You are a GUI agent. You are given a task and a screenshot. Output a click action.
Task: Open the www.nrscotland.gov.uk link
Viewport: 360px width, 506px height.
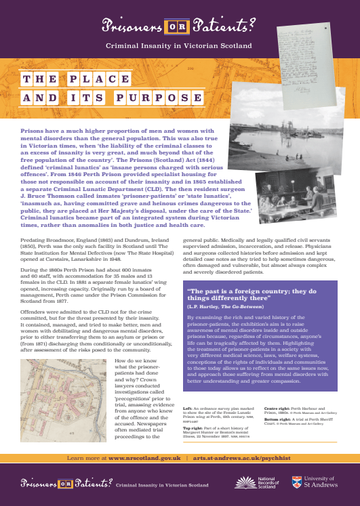143,457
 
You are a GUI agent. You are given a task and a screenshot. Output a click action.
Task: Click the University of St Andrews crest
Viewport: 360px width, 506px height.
297,482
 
